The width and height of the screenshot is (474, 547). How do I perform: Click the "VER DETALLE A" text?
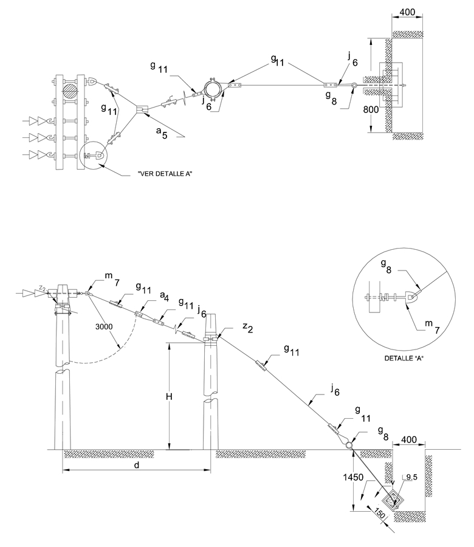pos(165,173)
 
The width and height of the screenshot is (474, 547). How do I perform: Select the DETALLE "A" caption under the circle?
pos(404,358)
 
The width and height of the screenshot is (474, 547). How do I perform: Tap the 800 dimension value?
pos(371,109)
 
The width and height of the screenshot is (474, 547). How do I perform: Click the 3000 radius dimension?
pos(104,326)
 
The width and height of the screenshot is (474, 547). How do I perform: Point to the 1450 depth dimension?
pos(353,477)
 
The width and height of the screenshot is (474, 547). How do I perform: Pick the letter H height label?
pos(169,397)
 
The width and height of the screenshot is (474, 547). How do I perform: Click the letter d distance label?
pos(137,465)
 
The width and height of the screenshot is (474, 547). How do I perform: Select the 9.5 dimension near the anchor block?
pos(411,477)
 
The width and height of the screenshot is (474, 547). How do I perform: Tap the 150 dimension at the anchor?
pos(379,513)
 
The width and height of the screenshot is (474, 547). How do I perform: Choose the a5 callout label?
pos(162,132)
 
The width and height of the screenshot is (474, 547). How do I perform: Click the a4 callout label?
pos(165,297)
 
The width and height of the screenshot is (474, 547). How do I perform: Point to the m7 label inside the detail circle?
pos(432,326)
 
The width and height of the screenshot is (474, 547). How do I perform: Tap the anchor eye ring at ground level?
pos(349,446)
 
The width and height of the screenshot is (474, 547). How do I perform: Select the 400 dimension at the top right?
pos(407,12)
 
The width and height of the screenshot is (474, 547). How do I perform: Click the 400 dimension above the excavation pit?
pos(409,439)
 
